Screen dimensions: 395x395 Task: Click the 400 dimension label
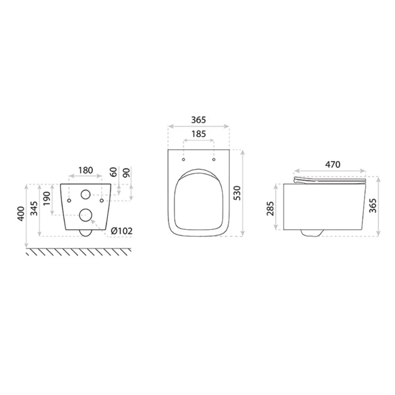coord(21,214)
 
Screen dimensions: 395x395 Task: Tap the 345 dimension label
coord(34,208)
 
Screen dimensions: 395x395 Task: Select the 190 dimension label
coord(47,198)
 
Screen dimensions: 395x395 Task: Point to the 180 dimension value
coord(86,170)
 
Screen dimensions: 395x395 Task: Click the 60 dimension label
coord(113,172)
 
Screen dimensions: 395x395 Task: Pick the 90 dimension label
coord(126,172)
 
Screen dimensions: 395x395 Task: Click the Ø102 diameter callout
coord(121,231)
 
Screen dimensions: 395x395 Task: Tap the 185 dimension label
coord(198,134)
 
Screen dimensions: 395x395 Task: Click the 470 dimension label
coord(332,164)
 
